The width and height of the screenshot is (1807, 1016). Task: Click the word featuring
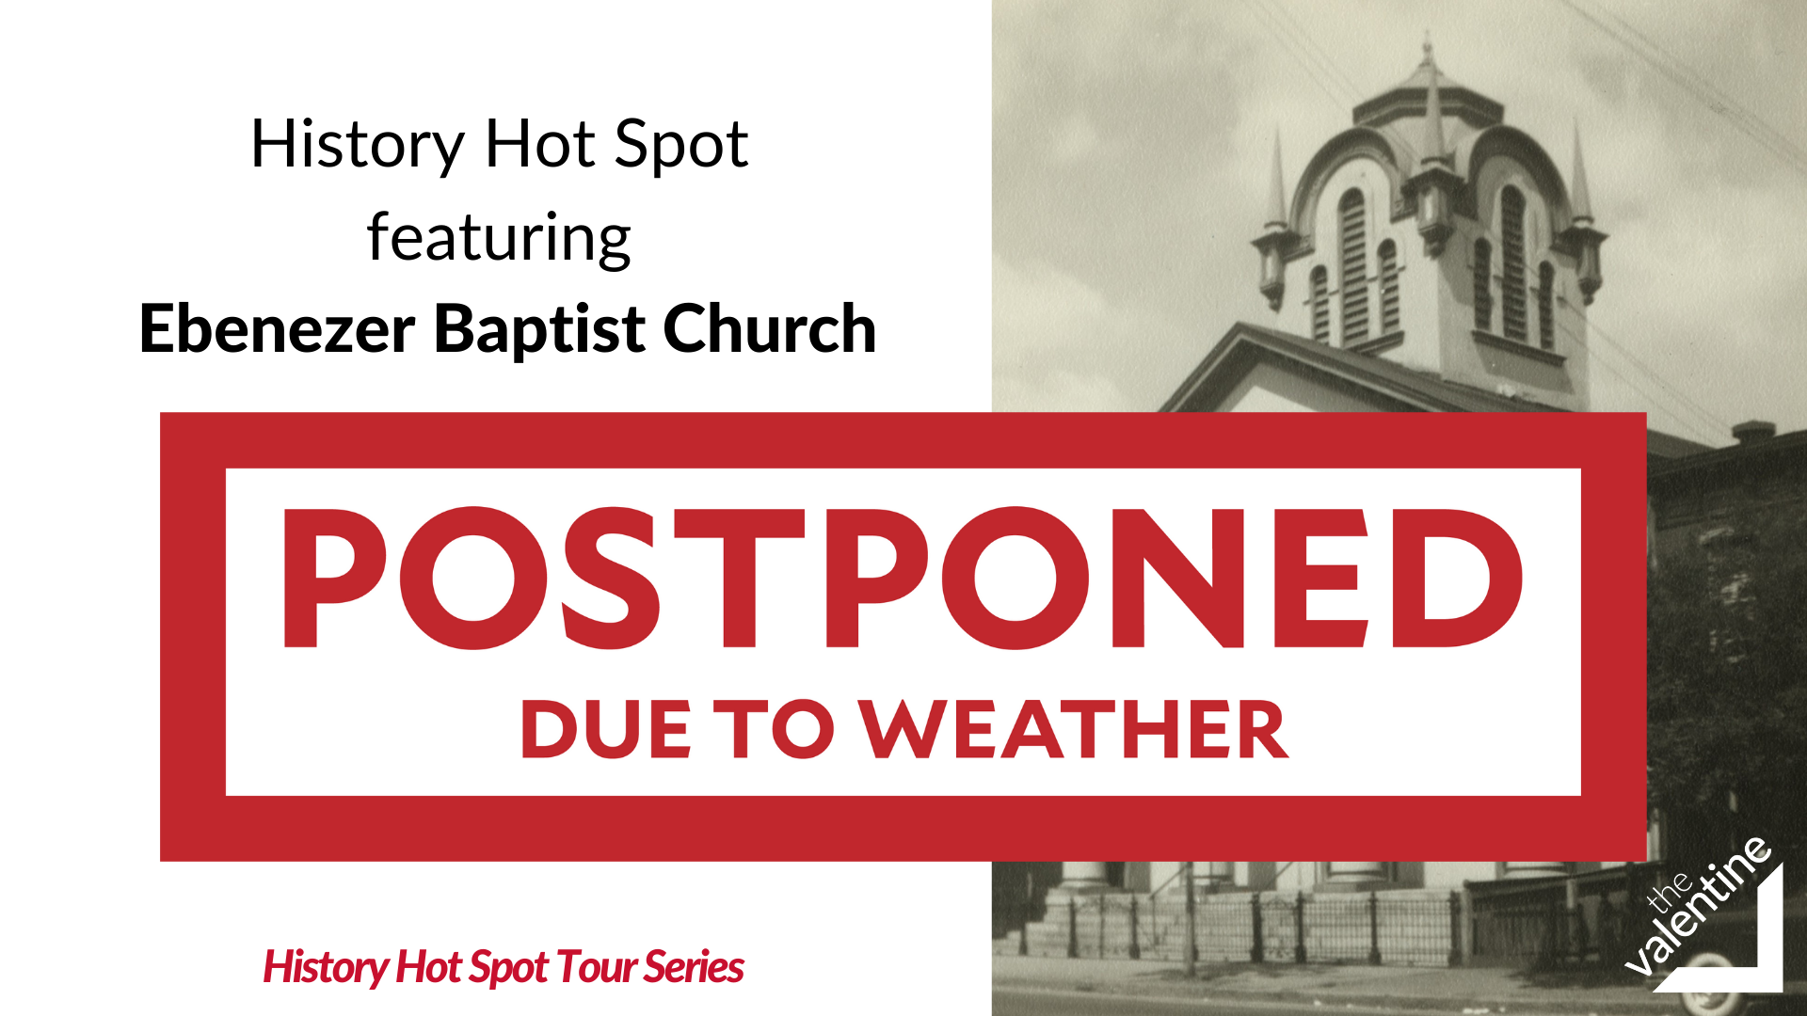point(499,239)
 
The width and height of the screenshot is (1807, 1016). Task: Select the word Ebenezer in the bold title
point(278,329)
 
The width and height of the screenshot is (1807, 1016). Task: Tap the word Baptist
point(539,329)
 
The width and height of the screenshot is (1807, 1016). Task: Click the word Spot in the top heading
point(681,147)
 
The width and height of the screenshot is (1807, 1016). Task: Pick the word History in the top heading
point(358,147)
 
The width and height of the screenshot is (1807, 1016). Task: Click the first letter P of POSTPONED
point(335,579)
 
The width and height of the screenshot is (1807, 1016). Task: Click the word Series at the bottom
point(694,967)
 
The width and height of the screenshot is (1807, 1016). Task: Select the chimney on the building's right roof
point(1752,432)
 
